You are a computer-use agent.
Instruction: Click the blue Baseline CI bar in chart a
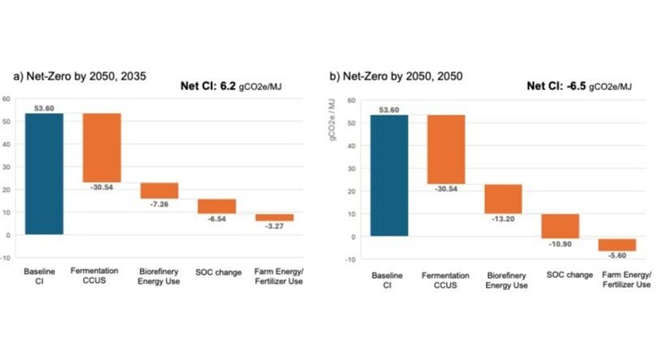click(x=44, y=174)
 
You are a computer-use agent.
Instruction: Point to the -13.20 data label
click(x=504, y=218)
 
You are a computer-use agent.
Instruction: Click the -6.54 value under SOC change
click(x=218, y=219)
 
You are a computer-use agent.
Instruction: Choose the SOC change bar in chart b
click(x=561, y=226)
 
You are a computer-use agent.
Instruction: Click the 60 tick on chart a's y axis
click(x=7, y=99)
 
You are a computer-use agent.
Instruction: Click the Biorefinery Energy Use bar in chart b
click(x=504, y=199)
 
